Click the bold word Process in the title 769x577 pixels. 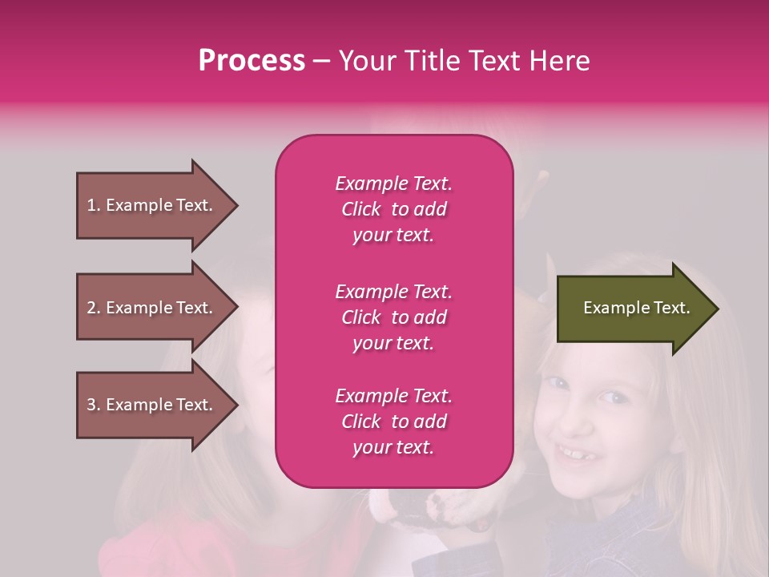click(x=252, y=61)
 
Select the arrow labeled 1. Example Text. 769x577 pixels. click(x=152, y=205)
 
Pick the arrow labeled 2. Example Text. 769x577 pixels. click(x=152, y=308)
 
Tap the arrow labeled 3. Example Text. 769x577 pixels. click(x=152, y=405)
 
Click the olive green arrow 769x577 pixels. click(x=633, y=308)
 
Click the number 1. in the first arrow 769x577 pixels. click(x=94, y=205)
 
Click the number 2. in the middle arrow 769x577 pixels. click(x=94, y=308)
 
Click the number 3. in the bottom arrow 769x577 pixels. click(x=94, y=405)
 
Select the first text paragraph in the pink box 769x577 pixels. click(x=393, y=209)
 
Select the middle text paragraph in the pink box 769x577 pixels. click(x=393, y=317)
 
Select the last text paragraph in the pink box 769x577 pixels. click(x=393, y=422)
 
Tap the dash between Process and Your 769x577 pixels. click(x=321, y=62)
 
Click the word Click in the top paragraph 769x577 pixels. click(x=360, y=209)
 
